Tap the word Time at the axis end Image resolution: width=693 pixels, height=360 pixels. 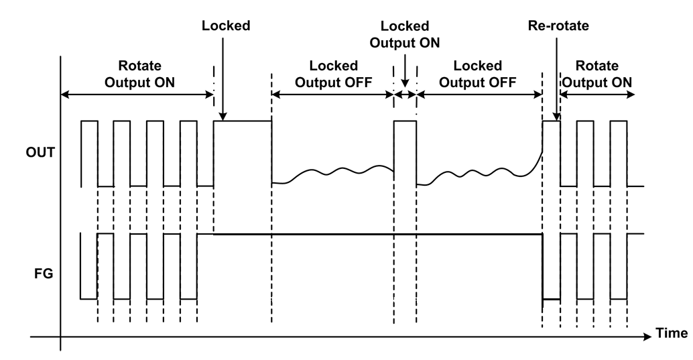pos(672,333)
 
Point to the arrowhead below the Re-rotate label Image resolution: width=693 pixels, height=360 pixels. pos(557,115)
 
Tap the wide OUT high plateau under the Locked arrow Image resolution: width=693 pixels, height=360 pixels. pos(243,121)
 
